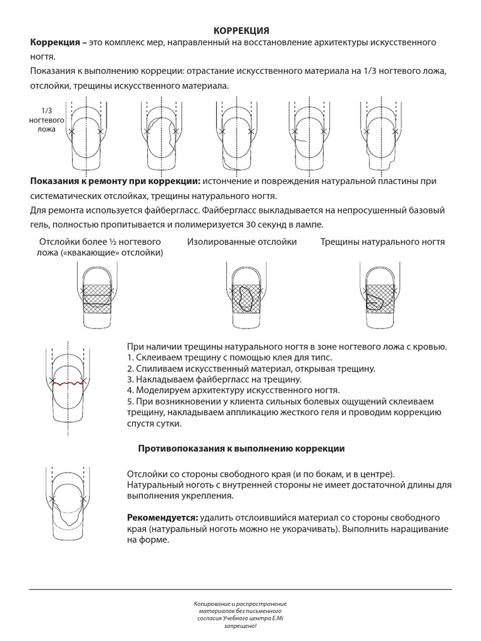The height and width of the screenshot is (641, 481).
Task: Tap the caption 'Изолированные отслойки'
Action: pos(242,242)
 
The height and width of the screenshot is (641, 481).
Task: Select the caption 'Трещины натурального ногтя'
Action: pos(383,242)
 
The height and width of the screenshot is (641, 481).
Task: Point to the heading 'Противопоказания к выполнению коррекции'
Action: pos(240,449)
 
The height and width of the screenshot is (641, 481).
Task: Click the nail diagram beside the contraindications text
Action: pos(69,504)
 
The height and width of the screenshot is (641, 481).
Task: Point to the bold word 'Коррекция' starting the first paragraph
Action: pos(56,42)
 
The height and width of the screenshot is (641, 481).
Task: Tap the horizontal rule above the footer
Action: pos(240,589)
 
